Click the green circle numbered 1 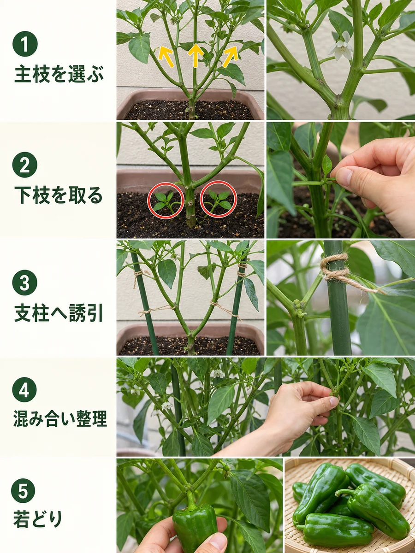[25, 44]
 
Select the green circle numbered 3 [25, 282]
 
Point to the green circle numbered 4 [24, 389]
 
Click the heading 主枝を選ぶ [59, 74]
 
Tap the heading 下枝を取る [59, 195]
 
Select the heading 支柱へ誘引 [59, 313]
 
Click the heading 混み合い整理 [60, 418]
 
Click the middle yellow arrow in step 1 [196, 55]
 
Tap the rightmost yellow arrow [231, 57]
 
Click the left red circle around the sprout [166, 200]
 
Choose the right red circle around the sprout [219, 199]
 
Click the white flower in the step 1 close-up [341, 47]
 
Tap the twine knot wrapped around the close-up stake [335, 267]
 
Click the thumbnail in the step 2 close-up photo [344, 176]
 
